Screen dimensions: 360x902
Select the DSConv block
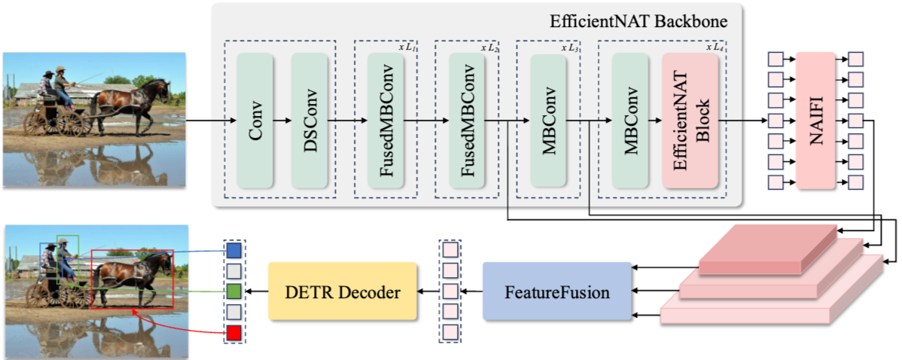[x=309, y=121]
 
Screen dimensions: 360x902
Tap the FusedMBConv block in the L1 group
[x=386, y=121]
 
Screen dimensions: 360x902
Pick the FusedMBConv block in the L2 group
[x=467, y=121]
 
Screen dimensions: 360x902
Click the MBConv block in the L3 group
[x=550, y=121]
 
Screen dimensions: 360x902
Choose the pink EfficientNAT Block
[x=690, y=121]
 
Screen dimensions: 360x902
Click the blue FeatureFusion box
[x=556, y=291]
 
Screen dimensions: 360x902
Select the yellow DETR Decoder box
[x=343, y=291]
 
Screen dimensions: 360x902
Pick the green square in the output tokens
[x=234, y=291]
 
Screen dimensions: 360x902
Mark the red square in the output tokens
[x=234, y=332]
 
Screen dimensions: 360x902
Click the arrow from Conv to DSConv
[x=282, y=121]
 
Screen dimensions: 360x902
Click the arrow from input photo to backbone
[x=200, y=121]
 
